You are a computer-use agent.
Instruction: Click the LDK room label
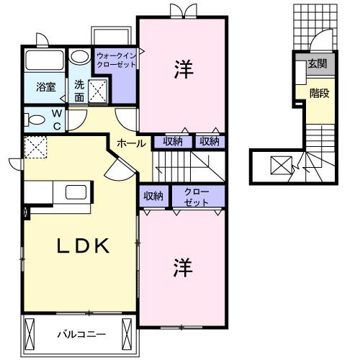pos(83,246)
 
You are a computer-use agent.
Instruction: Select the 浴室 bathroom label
pos(47,88)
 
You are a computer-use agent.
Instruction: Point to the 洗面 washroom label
pos(78,89)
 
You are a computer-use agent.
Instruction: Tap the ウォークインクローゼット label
pos(115,58)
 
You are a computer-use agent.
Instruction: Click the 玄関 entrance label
pos(318,63)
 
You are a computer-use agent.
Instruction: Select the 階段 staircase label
pos(320,93)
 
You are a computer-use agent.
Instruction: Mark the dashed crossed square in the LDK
pos(35,148)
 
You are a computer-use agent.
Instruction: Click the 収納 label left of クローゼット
pos(153,195)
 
